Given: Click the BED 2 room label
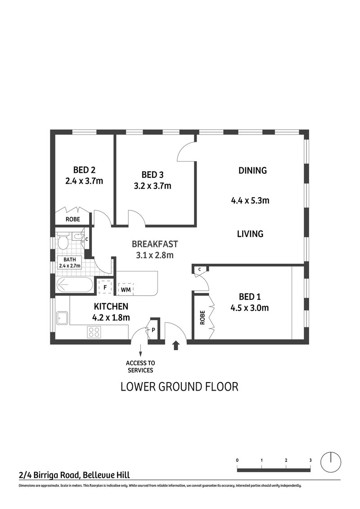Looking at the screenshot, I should [84, 170].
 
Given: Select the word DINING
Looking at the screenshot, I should [252, 171].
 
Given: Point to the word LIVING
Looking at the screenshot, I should [250, 234].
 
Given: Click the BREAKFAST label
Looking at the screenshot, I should [155, 244].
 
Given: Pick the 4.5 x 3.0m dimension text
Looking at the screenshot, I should [253, 308].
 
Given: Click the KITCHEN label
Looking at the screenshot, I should [111, 306].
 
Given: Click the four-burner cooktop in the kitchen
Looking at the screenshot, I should [94, 333].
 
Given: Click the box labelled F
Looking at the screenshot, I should [105, 287].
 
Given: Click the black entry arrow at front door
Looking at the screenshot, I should [176, 345].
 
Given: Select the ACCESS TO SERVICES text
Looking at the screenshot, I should [140, 367].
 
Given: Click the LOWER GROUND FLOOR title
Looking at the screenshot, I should [179, 387].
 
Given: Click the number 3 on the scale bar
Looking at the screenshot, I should [310, 460].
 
